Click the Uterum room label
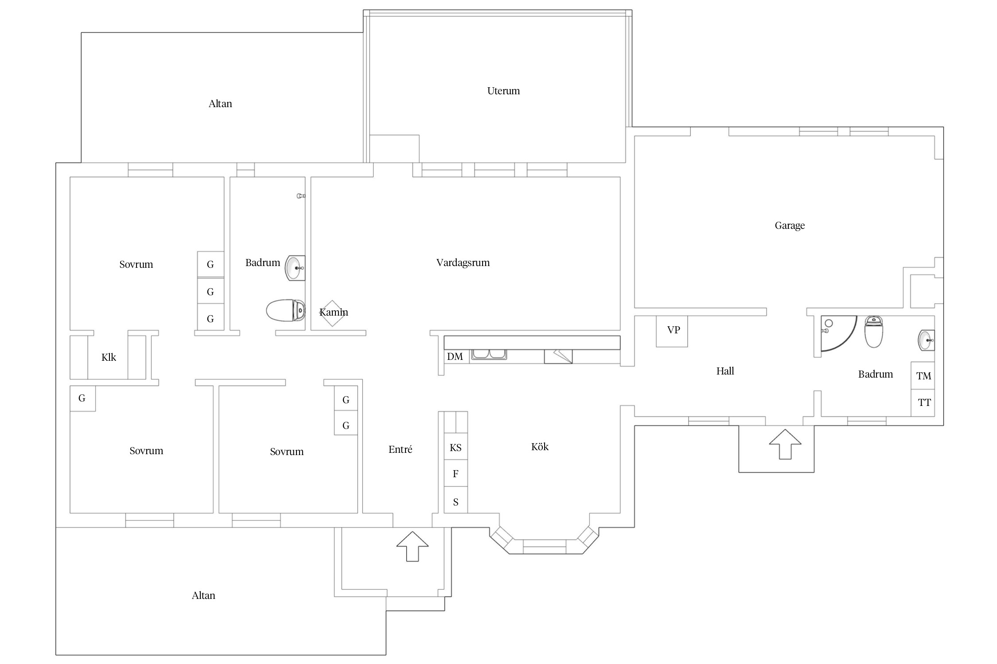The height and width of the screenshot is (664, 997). click(x=503, y=91)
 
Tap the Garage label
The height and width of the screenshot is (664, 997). click(x=790, y=226)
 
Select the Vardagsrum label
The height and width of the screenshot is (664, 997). click(x=463, y=263)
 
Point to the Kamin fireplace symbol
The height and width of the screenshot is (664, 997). click(x=332, y=313)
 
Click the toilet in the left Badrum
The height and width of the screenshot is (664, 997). click(x=286, y=310)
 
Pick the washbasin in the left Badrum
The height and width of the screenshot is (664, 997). click(x=295, y=268)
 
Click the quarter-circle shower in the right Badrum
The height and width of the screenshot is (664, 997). click(x=837, y=333)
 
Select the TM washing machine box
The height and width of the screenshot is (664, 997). click(x=923, y=376)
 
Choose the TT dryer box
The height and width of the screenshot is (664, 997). click(x=923, y=403)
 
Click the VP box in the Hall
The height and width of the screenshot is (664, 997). click(x=672, y=331)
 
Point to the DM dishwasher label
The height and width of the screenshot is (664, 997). click(x=455, y=357)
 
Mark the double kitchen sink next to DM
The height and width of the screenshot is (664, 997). click(x=489, y=354)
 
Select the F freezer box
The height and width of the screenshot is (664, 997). click(x=456, y=474)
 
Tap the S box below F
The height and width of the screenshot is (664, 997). click(x=456, y=500)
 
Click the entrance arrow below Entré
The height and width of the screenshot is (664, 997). click(x=413, y=546)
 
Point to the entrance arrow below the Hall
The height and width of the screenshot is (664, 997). click(x=785, y=444)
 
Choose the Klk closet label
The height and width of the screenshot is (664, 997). click(x=109, y=358)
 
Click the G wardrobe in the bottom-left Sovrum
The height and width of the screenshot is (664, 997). click(x=83, y=398)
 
